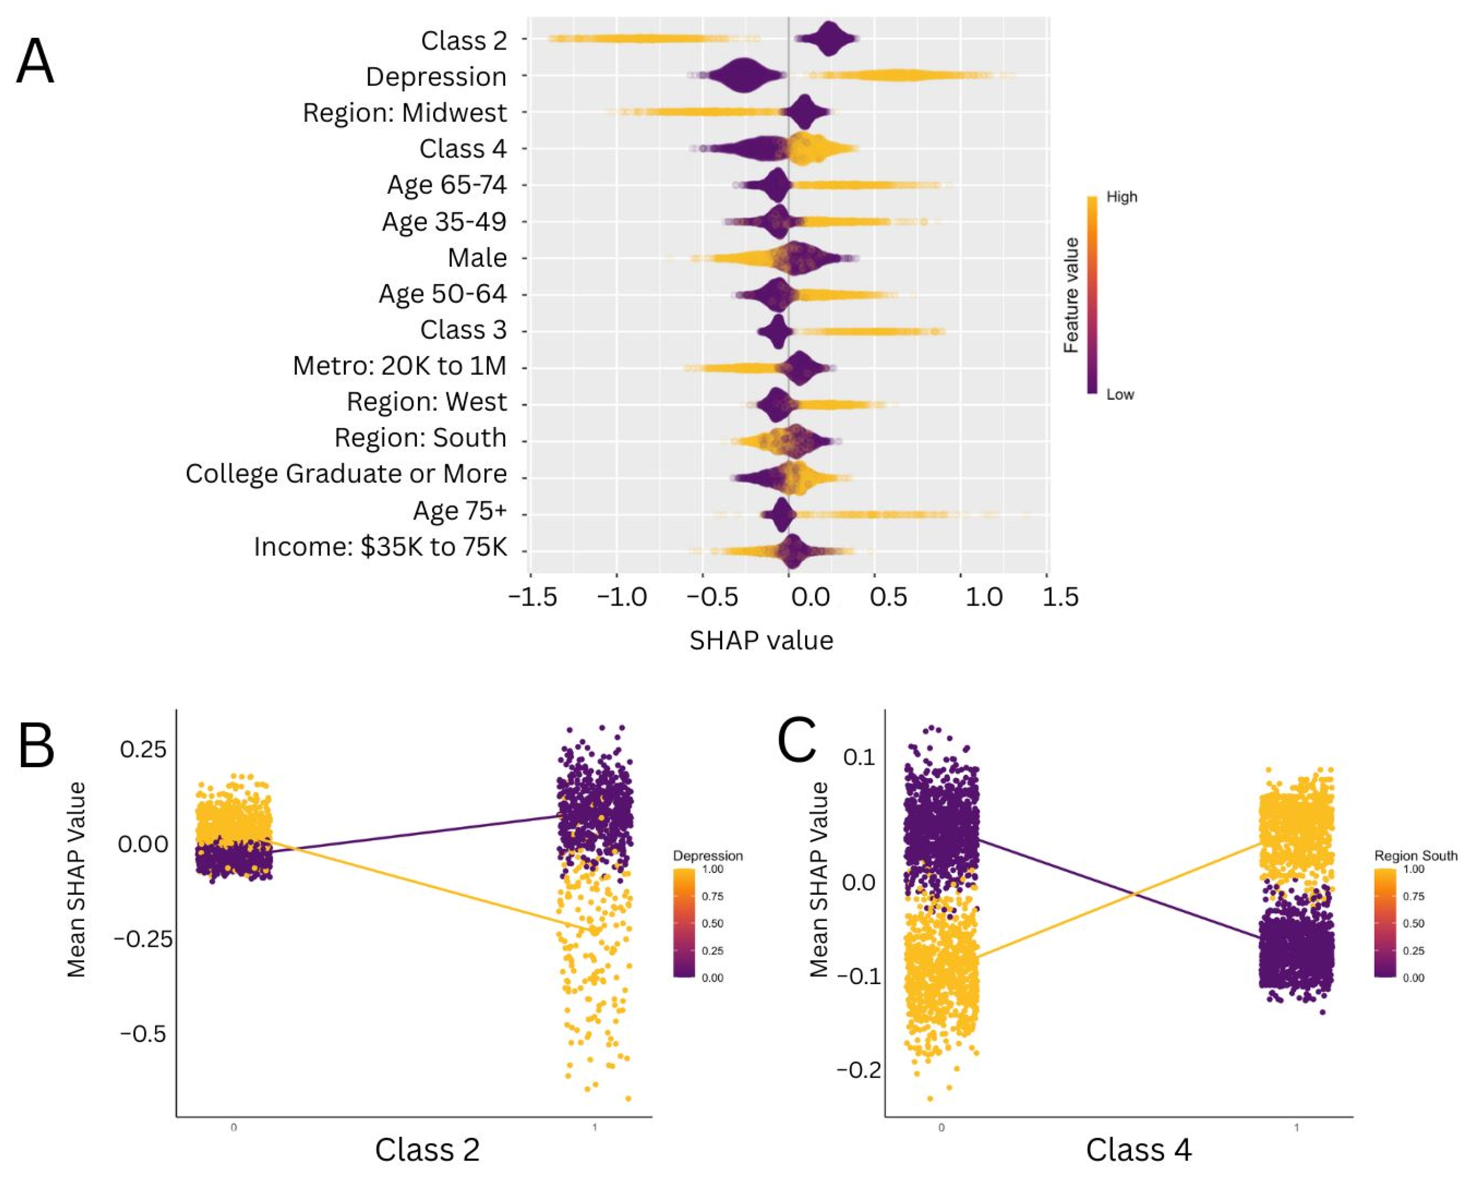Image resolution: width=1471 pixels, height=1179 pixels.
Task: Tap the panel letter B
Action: click(36, 746)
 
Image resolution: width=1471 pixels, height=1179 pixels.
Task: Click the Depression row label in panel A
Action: click(436, 77)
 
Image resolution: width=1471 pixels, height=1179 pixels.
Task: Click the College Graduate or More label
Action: click(346, 473)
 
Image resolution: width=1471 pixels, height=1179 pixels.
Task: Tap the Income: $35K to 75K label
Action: click(380, 546)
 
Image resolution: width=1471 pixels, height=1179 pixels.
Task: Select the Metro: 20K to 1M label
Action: click(399, 366)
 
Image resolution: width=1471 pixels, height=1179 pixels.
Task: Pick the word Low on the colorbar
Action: click(1119, 394)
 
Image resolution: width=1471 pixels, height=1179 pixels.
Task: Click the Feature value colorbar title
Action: click(1071, 295)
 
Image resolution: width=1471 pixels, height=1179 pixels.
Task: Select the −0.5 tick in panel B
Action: click(142, 1034)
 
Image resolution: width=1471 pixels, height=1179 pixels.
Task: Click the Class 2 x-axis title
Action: click(427, 1149)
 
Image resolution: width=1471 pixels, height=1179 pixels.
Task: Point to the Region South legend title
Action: click(1415, 856)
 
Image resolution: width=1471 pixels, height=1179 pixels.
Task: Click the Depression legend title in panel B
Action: click(708, 856)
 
